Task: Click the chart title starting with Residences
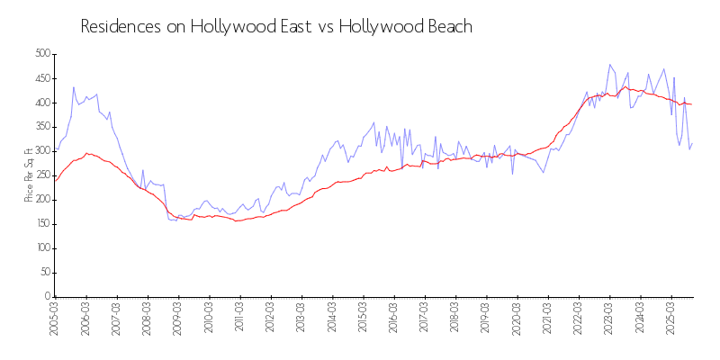click(x=276, y=26)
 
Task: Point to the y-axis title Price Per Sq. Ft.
click(x=29, y=175)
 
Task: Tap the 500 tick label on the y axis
click(x=41, y=54)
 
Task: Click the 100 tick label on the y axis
click(x=41, y=248)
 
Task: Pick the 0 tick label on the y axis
click(x=47, y=297)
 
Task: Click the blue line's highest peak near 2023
click(x=610, y=65)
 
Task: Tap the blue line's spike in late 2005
click(x=74, y=87)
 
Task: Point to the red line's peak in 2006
click(x=86, y=153)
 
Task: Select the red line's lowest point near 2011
click(x=237, y=220)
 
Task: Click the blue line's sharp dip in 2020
click(x=512, y=174)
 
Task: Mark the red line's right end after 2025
click(x=691, y=104)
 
